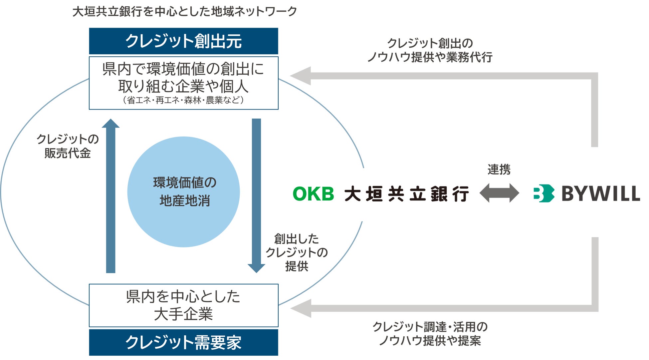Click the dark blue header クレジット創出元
tap(183, 41)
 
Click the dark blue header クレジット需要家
tap(183, 342)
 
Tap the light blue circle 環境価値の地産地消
tap(183, 192)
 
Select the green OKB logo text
tap(313, 194)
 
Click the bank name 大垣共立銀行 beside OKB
tap(406, 194)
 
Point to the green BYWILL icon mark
tap(544, 193)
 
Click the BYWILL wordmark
tap(601, 193)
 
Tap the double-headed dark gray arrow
tap(499, 193)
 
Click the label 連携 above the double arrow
tap(499, 170)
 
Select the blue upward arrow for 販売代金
tap(110, 196)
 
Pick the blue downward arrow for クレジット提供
tap(256, 196)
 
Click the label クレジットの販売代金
tap(68, 146)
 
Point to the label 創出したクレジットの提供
tap(297, 252)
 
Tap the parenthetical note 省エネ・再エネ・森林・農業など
tap(183, 100)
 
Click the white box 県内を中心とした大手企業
tap(183, 305)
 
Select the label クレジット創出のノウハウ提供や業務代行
tap(430, 50)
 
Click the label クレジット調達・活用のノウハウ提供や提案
tap(430, 334)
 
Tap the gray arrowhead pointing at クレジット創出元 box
tap(301, 76)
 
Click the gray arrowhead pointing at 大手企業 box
tap(301, 308)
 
